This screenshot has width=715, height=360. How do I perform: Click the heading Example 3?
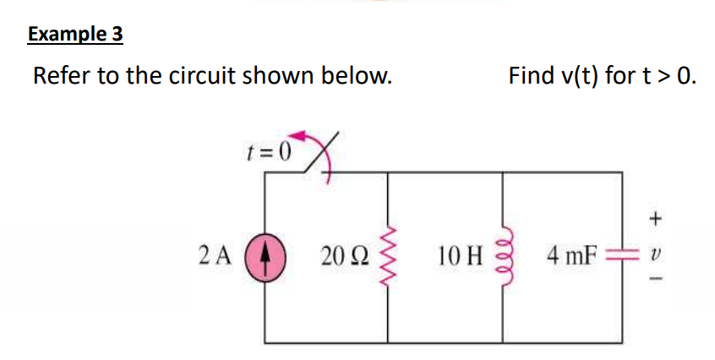(x=75, y=35)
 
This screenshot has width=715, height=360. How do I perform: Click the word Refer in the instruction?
(x=62, y=76)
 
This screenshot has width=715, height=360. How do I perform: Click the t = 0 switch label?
(x=269, y=152)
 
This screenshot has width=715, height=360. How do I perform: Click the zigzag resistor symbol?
(x=389, y=254)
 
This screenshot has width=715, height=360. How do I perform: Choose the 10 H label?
(x=460, y=253)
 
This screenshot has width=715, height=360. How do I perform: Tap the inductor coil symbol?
(x=504, y=254)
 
